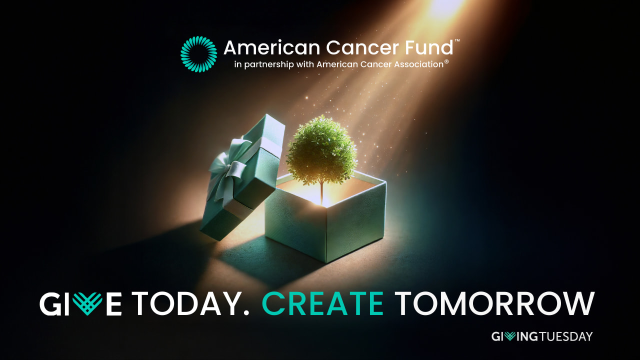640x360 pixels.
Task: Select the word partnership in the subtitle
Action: [x=269, y=64]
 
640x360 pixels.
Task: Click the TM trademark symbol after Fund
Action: [x=457, y=41]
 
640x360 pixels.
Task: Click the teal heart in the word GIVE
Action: [x=87, y=303]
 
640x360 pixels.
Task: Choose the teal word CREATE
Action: [x=323, y=303]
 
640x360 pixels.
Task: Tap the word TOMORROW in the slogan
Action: [x=495, y=303]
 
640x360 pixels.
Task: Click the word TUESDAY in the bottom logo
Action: [x=565, y=336]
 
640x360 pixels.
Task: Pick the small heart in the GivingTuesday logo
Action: [x=510, y=336]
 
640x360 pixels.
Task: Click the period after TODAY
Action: [x=246, y=312]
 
